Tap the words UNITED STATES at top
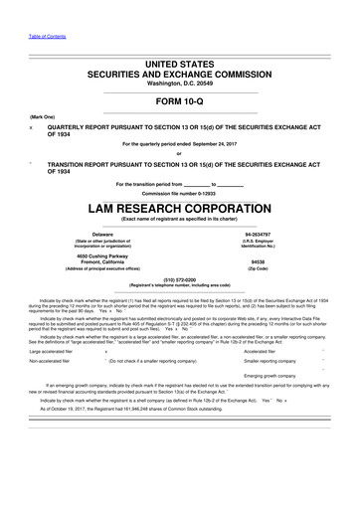point(179,63)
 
